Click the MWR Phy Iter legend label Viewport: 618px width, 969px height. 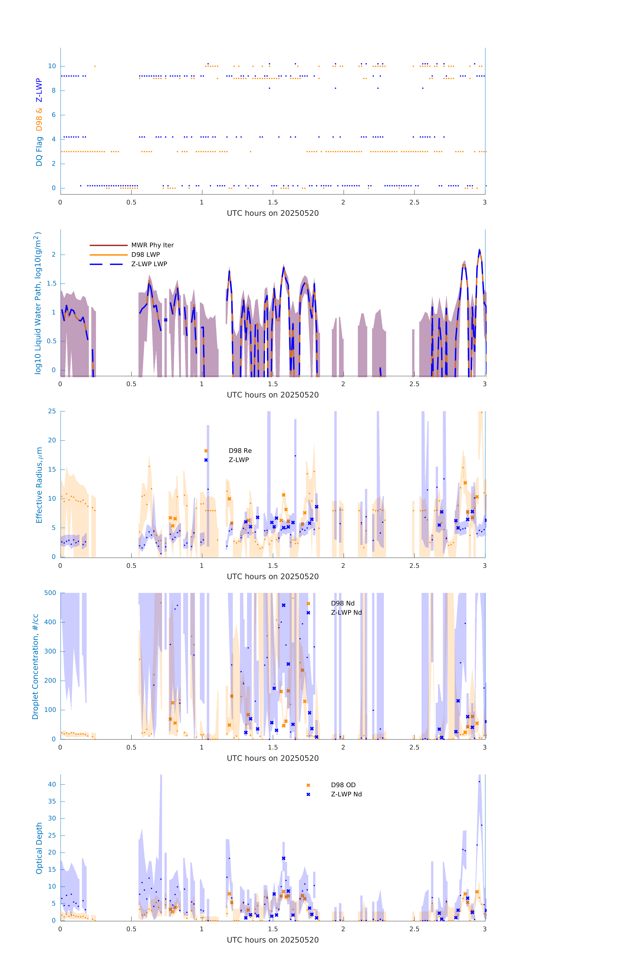[x=152, y=245]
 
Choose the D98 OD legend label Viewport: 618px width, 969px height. [x=343, y=785]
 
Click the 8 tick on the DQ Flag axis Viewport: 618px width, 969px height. [x=53, y=91]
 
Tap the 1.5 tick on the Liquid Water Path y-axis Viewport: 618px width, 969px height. [x=52, y=283]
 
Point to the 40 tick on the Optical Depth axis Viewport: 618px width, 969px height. [x=52, y=784]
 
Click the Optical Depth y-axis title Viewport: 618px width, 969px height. [x=39, y=848]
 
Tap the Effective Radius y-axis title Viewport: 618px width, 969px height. [x=39, y=485]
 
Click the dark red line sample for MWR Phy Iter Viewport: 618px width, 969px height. [x=108, y=245]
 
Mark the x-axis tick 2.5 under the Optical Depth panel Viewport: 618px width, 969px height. [x=414, y=929]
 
